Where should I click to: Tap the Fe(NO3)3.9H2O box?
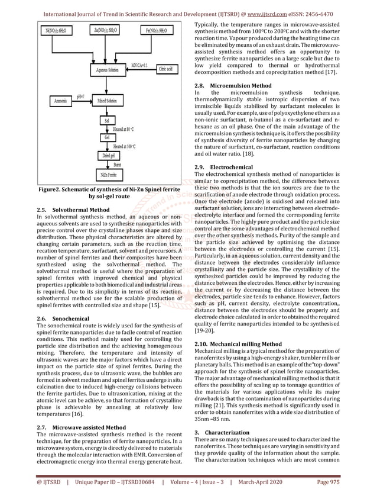pos(160,30)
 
